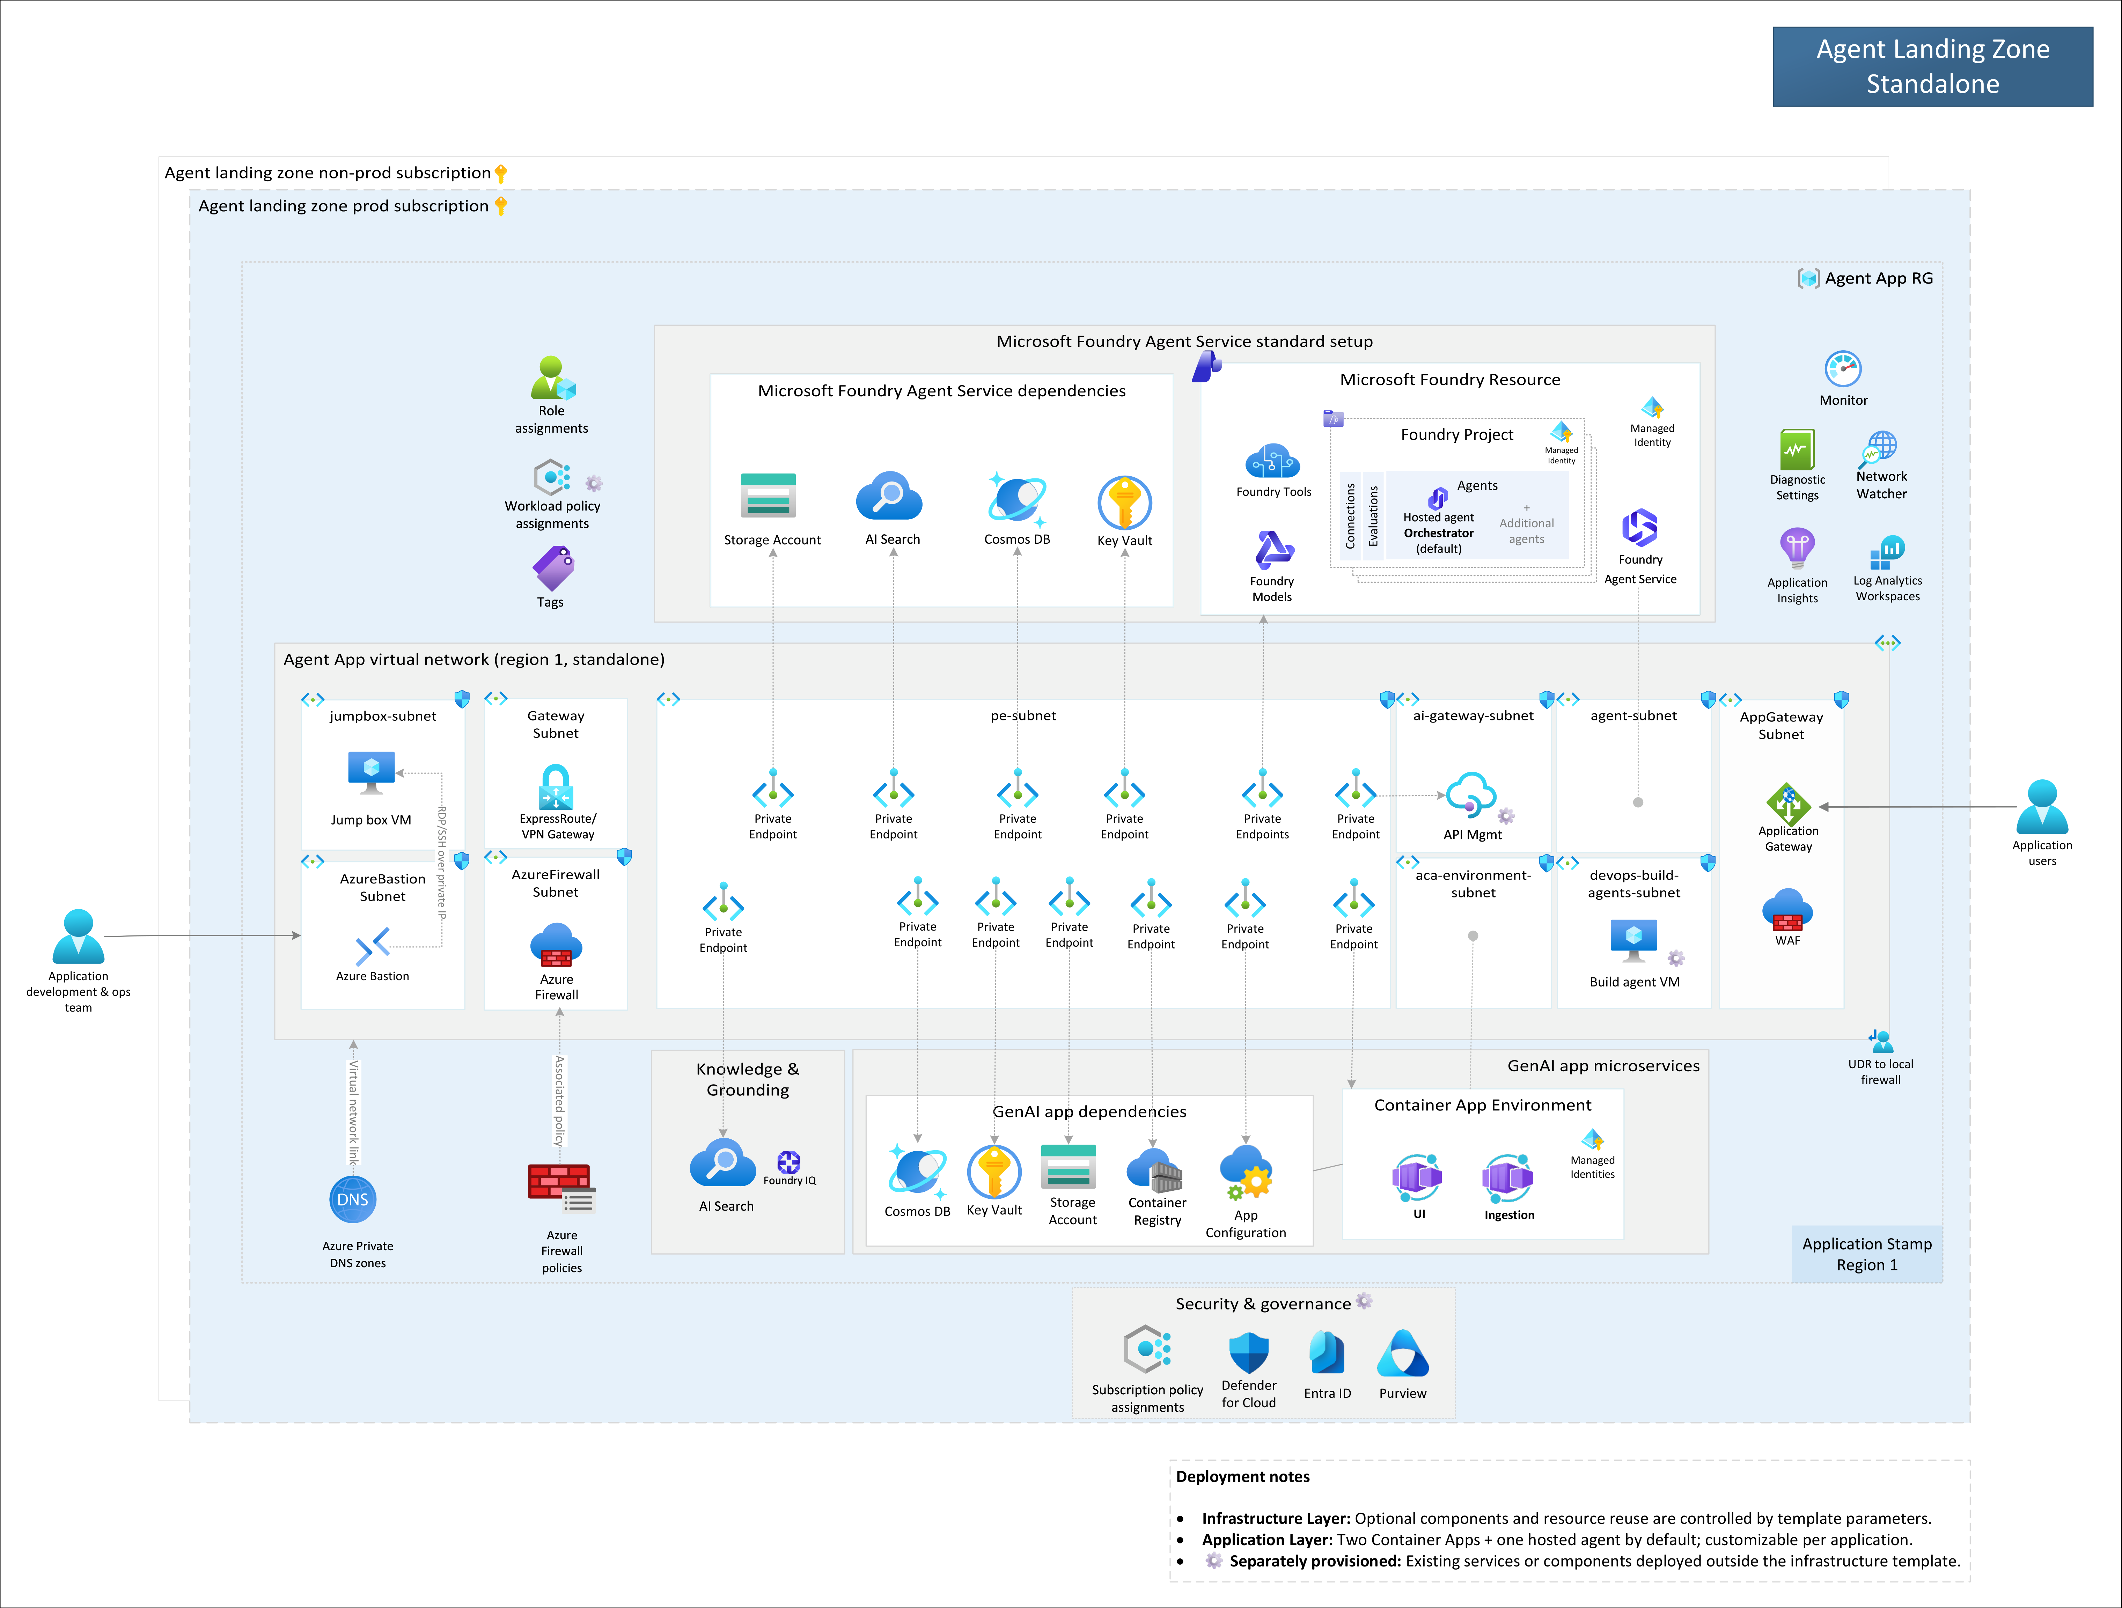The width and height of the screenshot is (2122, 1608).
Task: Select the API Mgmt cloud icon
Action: [1471, 794]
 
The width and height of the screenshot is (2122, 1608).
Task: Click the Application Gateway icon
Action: [1788, 804]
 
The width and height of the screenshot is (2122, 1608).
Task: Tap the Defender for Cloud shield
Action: [1249, 1353]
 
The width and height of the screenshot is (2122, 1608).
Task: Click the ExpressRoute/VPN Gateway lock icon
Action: [556, 787]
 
